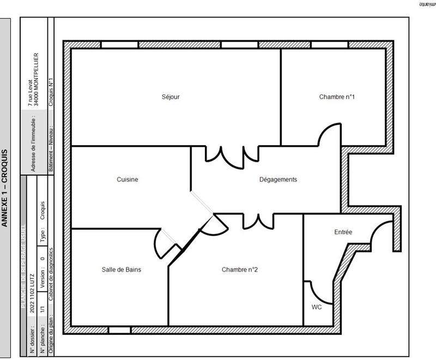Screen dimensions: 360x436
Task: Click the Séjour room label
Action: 171,97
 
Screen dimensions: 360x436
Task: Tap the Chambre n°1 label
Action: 337,97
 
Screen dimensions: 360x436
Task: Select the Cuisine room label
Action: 128,179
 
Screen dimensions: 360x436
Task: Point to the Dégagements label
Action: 278,179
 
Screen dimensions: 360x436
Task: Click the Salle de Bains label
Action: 122,269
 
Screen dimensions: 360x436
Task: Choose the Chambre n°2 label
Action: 239,269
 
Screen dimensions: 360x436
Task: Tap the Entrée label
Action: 343,232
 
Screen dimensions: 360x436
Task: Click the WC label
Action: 317,307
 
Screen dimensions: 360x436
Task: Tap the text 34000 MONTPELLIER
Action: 36,79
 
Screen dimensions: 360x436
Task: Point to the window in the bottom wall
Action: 119,330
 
